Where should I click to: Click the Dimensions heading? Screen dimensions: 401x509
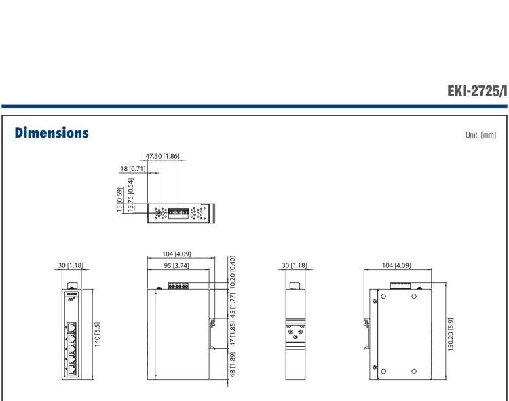click(x=48, y=134)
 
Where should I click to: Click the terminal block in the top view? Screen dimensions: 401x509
click(x=178, y=212)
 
